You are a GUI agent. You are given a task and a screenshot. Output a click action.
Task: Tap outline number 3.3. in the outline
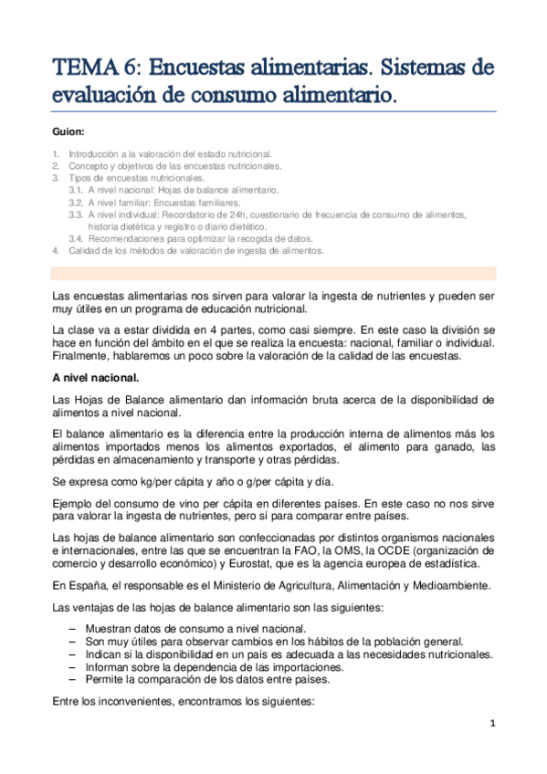tap(77, 214)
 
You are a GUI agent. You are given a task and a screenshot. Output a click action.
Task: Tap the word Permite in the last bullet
tap(106, 680)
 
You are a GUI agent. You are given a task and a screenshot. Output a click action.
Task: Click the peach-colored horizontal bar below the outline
tap(274, 273)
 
